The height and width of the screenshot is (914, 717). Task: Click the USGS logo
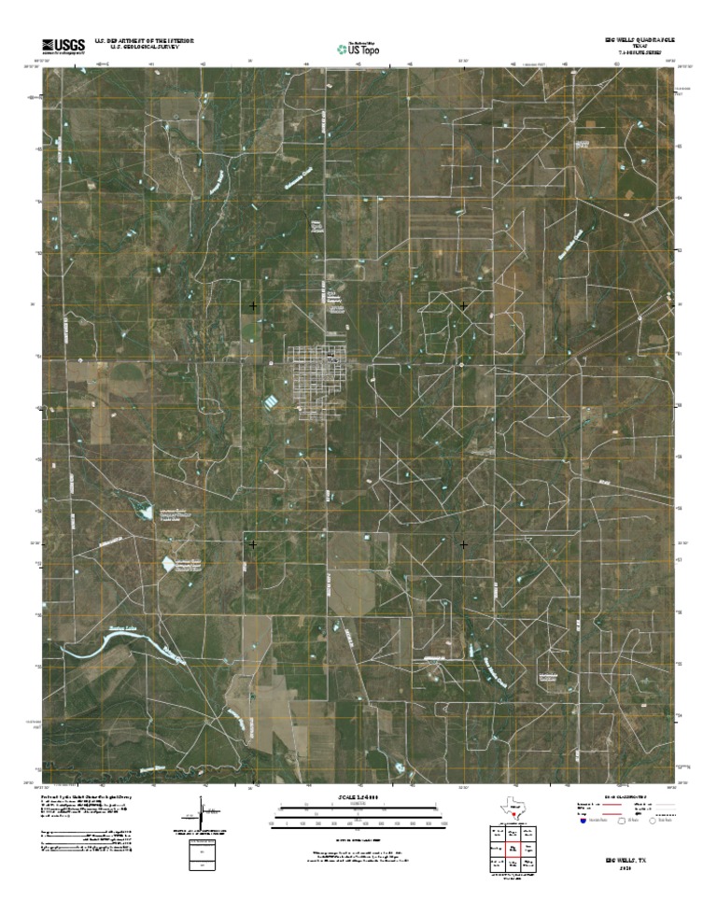tap(63, 45)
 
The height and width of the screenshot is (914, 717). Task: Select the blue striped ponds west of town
tap(270, 401)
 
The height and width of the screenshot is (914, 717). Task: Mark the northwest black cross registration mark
tap(253, 306)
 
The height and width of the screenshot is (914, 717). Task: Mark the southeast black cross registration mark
tap(464, 543)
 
